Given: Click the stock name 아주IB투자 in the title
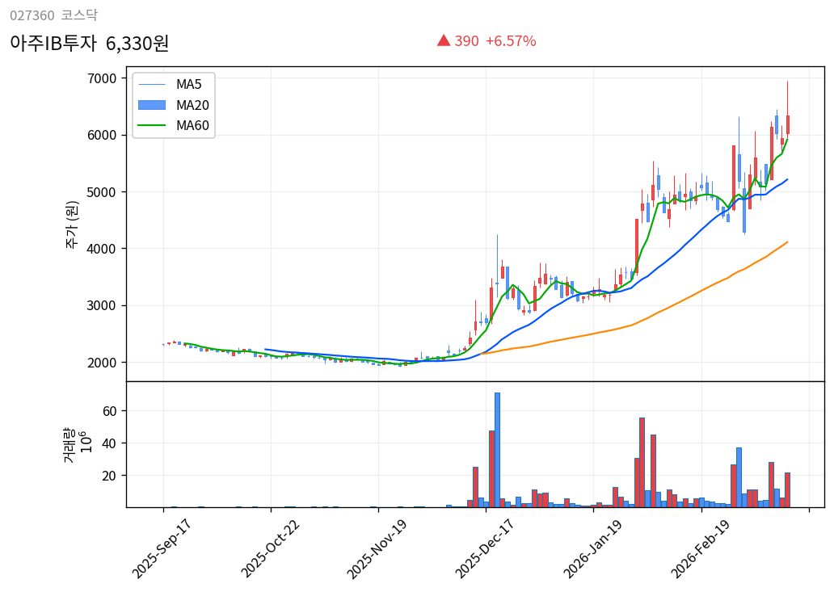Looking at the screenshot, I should [x=53, y=44].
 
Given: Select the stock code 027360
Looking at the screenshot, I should [x=32, y=15].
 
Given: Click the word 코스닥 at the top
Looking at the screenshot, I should [x=78, y=15].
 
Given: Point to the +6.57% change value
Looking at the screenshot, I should [x=510, y=41].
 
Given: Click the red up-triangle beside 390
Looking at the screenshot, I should [x=444, y=40].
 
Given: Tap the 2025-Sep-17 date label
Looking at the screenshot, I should [x=163, y=548].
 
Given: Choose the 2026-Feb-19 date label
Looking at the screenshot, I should [x=701, y=548].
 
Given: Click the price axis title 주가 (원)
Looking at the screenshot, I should [x=72, y=224].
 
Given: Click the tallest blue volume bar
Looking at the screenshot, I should [x=497, y=450].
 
